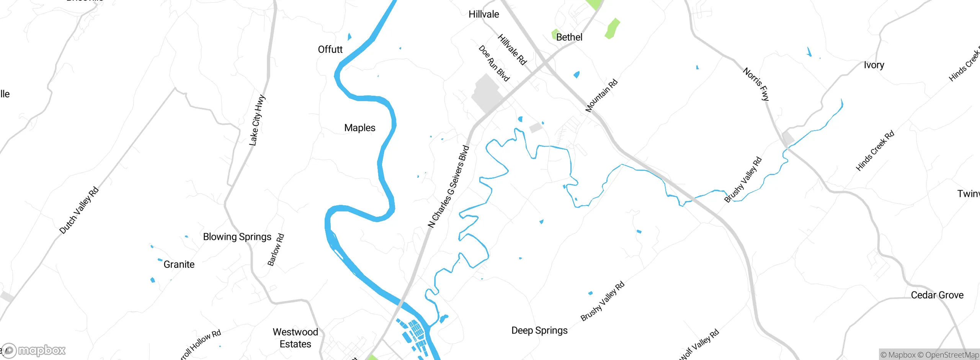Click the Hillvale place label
[483, 15]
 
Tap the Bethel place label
[569, 37]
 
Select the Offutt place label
[330, 49]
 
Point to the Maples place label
[359, 128]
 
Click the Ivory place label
[874, 65]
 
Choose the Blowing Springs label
[237, 237]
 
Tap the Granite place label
[179, 264]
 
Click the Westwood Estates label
[295, 338]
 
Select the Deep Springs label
[539, 330]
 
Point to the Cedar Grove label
[937, 295]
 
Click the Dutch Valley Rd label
[79, 210]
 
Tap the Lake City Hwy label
[257, 120]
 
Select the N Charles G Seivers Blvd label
[449, 187]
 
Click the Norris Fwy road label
[756, 84]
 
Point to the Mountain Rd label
[601, 96]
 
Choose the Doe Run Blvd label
[494, 64]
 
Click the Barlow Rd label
[276, 250]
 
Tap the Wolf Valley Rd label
[699, 345]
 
